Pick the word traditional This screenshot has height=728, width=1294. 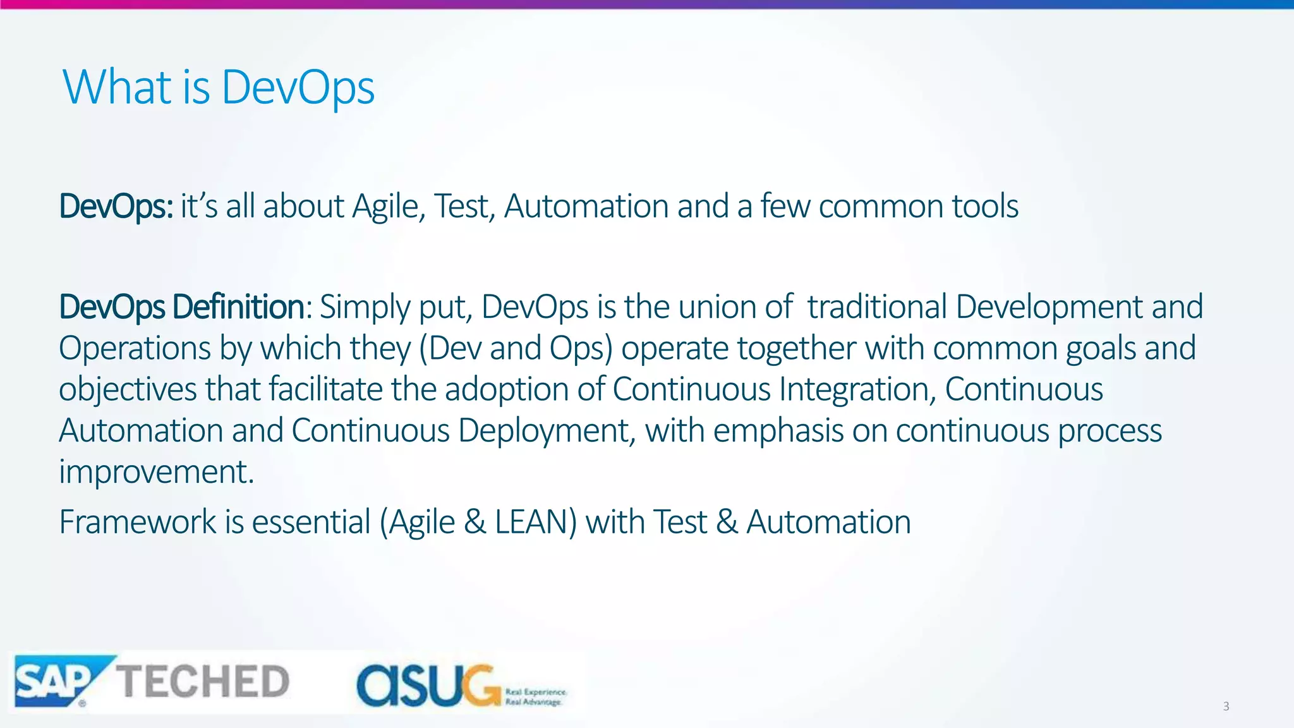(877, 307)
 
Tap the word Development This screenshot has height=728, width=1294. (1049, 307)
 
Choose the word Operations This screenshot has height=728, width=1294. (135, 349)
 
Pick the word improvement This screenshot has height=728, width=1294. (156, 472)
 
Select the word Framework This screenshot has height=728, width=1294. (137, 523)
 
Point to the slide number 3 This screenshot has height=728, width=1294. (1226, 707)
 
